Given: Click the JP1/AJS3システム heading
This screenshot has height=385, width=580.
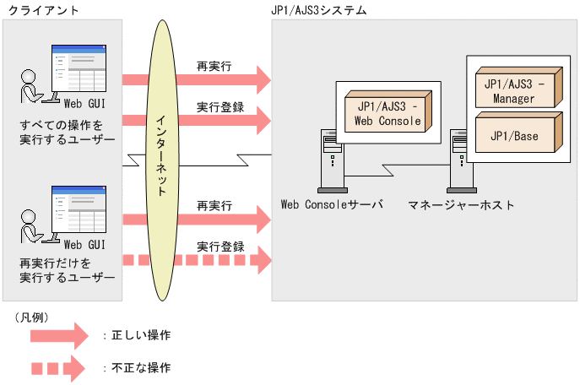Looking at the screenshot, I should [319, 10].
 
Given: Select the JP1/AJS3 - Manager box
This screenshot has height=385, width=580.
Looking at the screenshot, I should [514, 90].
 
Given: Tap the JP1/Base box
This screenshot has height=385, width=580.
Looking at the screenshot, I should [514, 134].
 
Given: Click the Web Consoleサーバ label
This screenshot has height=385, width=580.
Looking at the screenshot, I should [332, 204].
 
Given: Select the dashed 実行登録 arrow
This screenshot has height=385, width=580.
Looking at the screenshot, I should [198, 261].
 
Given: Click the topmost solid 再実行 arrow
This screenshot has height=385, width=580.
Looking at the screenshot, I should [198, 80].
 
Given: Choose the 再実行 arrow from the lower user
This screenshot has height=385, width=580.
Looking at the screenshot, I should [198, 220].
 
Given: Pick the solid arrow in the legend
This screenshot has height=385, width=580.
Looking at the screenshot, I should [57, 336].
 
